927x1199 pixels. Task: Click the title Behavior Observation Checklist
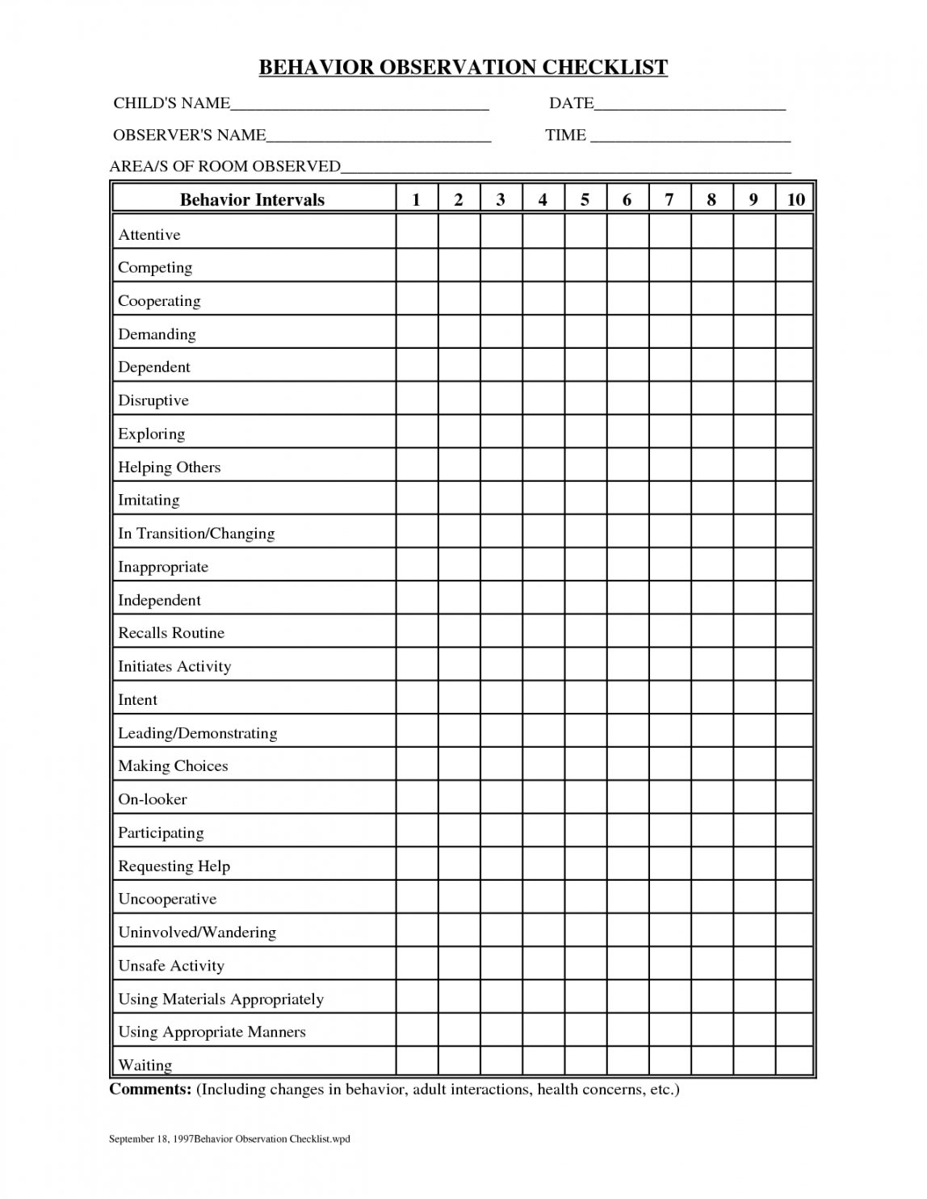463,67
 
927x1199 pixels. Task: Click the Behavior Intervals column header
252,200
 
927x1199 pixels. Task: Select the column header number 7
669,200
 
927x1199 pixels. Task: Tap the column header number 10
795,200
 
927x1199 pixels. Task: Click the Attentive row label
149,235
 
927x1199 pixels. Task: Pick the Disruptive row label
153,400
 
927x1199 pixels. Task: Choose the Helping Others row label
170,467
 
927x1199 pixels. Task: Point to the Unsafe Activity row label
171,966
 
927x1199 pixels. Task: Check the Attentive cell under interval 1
417,233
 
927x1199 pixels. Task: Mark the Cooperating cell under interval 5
585,299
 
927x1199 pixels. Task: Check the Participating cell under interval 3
501,831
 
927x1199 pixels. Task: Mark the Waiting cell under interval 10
795,1061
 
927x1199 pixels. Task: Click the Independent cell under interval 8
711,598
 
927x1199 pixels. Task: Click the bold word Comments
150,1089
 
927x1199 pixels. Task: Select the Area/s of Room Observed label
224,167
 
